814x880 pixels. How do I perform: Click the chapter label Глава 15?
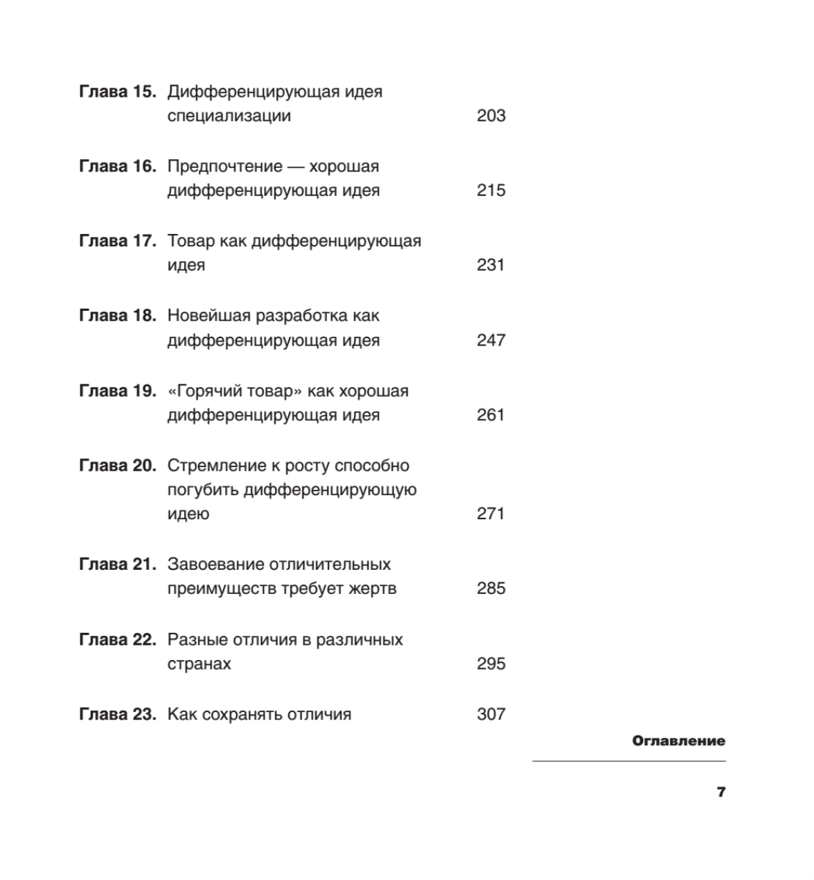tap(117, 92)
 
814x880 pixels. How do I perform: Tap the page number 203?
tap(491, 116)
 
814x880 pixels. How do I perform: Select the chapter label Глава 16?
tap(117, 166)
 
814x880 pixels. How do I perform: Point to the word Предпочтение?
tap(225, 166)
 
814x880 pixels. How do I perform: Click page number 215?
tap(491, 191)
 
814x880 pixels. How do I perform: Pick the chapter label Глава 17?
tap(117, 241)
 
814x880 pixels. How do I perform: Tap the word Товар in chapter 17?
tap(191, 241)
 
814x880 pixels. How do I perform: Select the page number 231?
tap(491, 265)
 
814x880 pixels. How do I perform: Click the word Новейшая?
tap(208, 316)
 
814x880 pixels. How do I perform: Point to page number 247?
tap(491, 340)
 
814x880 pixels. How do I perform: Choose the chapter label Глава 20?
tap(117, 466)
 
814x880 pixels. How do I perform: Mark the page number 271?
tap(491, 514)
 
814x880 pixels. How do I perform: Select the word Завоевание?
tap(216, 565)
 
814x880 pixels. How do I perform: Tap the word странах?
tap(199, 664)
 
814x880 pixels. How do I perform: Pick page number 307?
tap(491, 714)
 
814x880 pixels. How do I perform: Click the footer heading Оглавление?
tap(678, 741)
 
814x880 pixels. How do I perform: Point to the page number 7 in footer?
tap(721, 792)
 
